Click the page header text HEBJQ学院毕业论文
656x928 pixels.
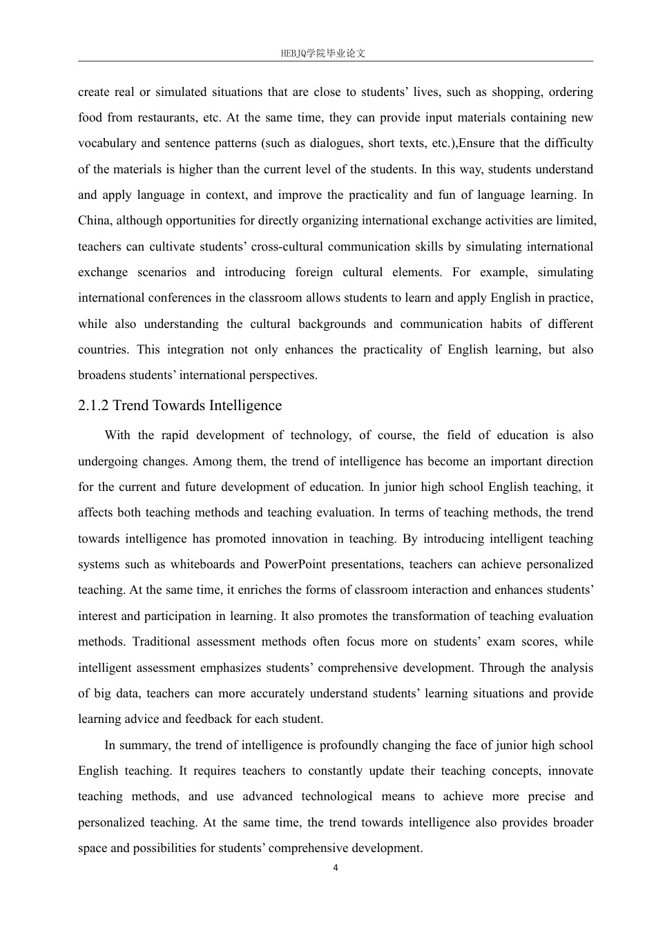(323, 53)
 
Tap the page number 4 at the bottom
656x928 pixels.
(336, 868)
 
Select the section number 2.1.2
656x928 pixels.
(93, 405)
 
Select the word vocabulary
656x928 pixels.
(107, 144)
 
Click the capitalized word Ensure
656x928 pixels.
(476, 144)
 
